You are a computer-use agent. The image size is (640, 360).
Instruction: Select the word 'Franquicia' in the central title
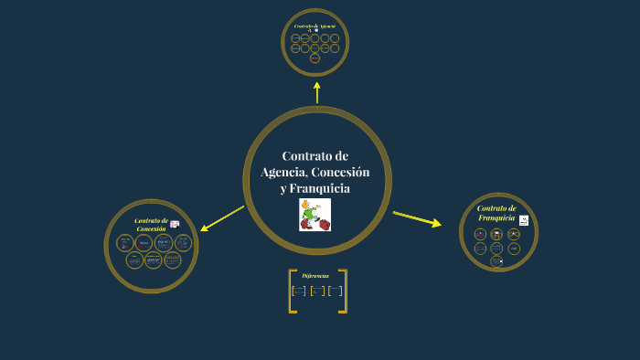tap(320, 188)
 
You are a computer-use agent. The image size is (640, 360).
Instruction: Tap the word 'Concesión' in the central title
tap(341, 173)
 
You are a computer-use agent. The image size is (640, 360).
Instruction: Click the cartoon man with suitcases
tap(315, 215)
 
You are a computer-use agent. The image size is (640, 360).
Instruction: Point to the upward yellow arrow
tap(317, 91)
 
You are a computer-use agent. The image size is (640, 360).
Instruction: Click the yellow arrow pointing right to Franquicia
tap(417, 218)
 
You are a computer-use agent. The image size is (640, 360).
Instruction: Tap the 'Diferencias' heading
tap(315, 275)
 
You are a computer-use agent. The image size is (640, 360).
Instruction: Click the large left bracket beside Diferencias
tap(292, 291)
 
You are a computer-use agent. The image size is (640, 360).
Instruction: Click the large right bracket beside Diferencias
tap(343, 291)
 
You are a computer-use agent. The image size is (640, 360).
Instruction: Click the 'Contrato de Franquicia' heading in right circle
tap(496, 213)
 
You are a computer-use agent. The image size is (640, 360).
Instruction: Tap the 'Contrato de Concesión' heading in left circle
tap(150, 224)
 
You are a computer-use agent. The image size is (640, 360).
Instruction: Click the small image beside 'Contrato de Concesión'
tap(175, 224)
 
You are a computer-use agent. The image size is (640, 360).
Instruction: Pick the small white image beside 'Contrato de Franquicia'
tap(524, 220)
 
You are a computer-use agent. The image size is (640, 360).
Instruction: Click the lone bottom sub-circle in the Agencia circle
tap(315, 58)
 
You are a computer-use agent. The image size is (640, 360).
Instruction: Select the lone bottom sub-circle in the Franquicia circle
tap(496, 261)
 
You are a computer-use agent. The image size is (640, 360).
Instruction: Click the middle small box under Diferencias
tap(317, 291)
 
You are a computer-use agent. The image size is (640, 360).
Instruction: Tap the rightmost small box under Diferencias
tap(335, 291)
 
